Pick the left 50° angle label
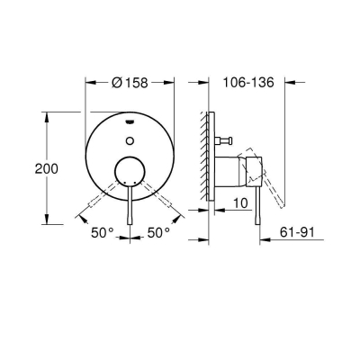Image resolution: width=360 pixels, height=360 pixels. point(101,233)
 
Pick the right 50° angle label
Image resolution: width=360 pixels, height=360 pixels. point(159,233)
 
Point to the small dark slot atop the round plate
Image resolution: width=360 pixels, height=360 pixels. point(132,119)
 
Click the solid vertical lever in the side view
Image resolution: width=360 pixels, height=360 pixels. point(259,202)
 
